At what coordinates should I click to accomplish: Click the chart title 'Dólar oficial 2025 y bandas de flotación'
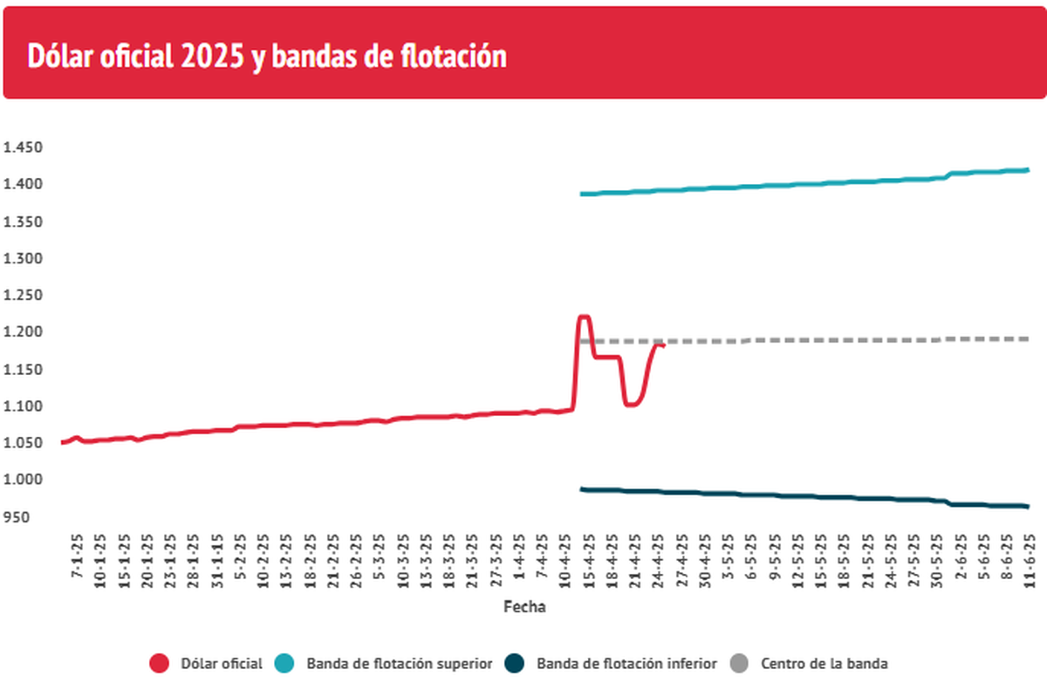click(267, 57)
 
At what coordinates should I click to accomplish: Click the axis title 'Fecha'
click(524, 607)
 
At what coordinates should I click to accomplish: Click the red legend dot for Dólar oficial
click(159, 664)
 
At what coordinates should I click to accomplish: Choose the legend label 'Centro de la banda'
click(825, 664)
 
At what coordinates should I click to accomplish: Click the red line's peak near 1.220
click(584, 317)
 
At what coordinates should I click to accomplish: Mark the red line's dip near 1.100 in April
click(632, 405)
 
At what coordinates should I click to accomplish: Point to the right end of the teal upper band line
click(1028, 170)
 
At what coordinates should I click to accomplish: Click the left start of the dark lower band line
click(582, 489)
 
